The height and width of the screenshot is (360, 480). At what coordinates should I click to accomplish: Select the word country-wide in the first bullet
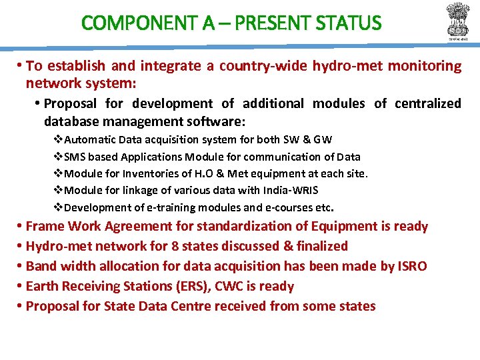tap(251, 66)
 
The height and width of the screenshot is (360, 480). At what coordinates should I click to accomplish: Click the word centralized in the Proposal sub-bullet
tap(428, 103)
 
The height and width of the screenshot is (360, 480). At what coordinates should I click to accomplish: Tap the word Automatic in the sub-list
tap(91, 140)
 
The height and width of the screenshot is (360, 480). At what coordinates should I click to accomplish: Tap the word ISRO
tap(412, 267)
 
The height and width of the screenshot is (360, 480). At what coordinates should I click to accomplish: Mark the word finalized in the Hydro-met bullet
tap(322, 247)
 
